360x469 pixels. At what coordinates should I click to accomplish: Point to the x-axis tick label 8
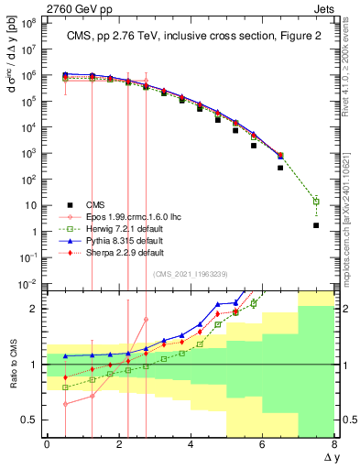click(x=334, y=443)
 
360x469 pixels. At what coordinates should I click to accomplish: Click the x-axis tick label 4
click(x=191, y=443)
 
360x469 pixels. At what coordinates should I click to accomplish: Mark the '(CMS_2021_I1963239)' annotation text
click(x=191, y=272)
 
